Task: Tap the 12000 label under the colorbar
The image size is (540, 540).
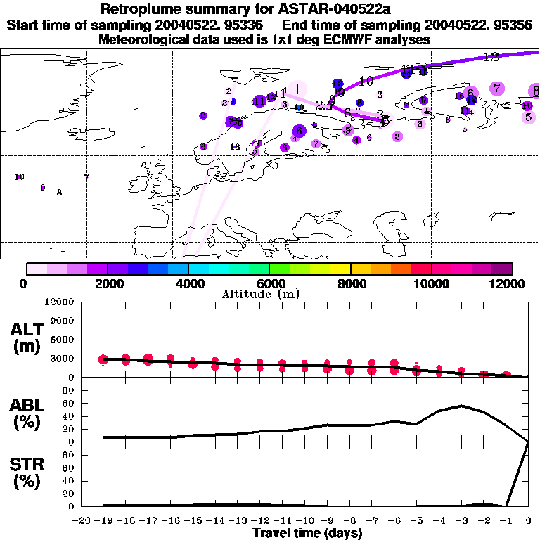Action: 511,283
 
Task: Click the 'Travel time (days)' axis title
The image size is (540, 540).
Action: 307,534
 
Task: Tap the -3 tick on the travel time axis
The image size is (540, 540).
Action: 461,520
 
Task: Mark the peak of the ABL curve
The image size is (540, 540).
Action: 461,406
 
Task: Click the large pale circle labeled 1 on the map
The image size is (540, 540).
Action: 298,89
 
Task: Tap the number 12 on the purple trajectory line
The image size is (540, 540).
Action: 491,57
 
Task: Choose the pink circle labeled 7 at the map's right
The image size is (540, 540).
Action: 497,88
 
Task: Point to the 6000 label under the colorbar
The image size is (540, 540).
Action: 269,283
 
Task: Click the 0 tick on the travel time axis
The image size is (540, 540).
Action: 528,520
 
